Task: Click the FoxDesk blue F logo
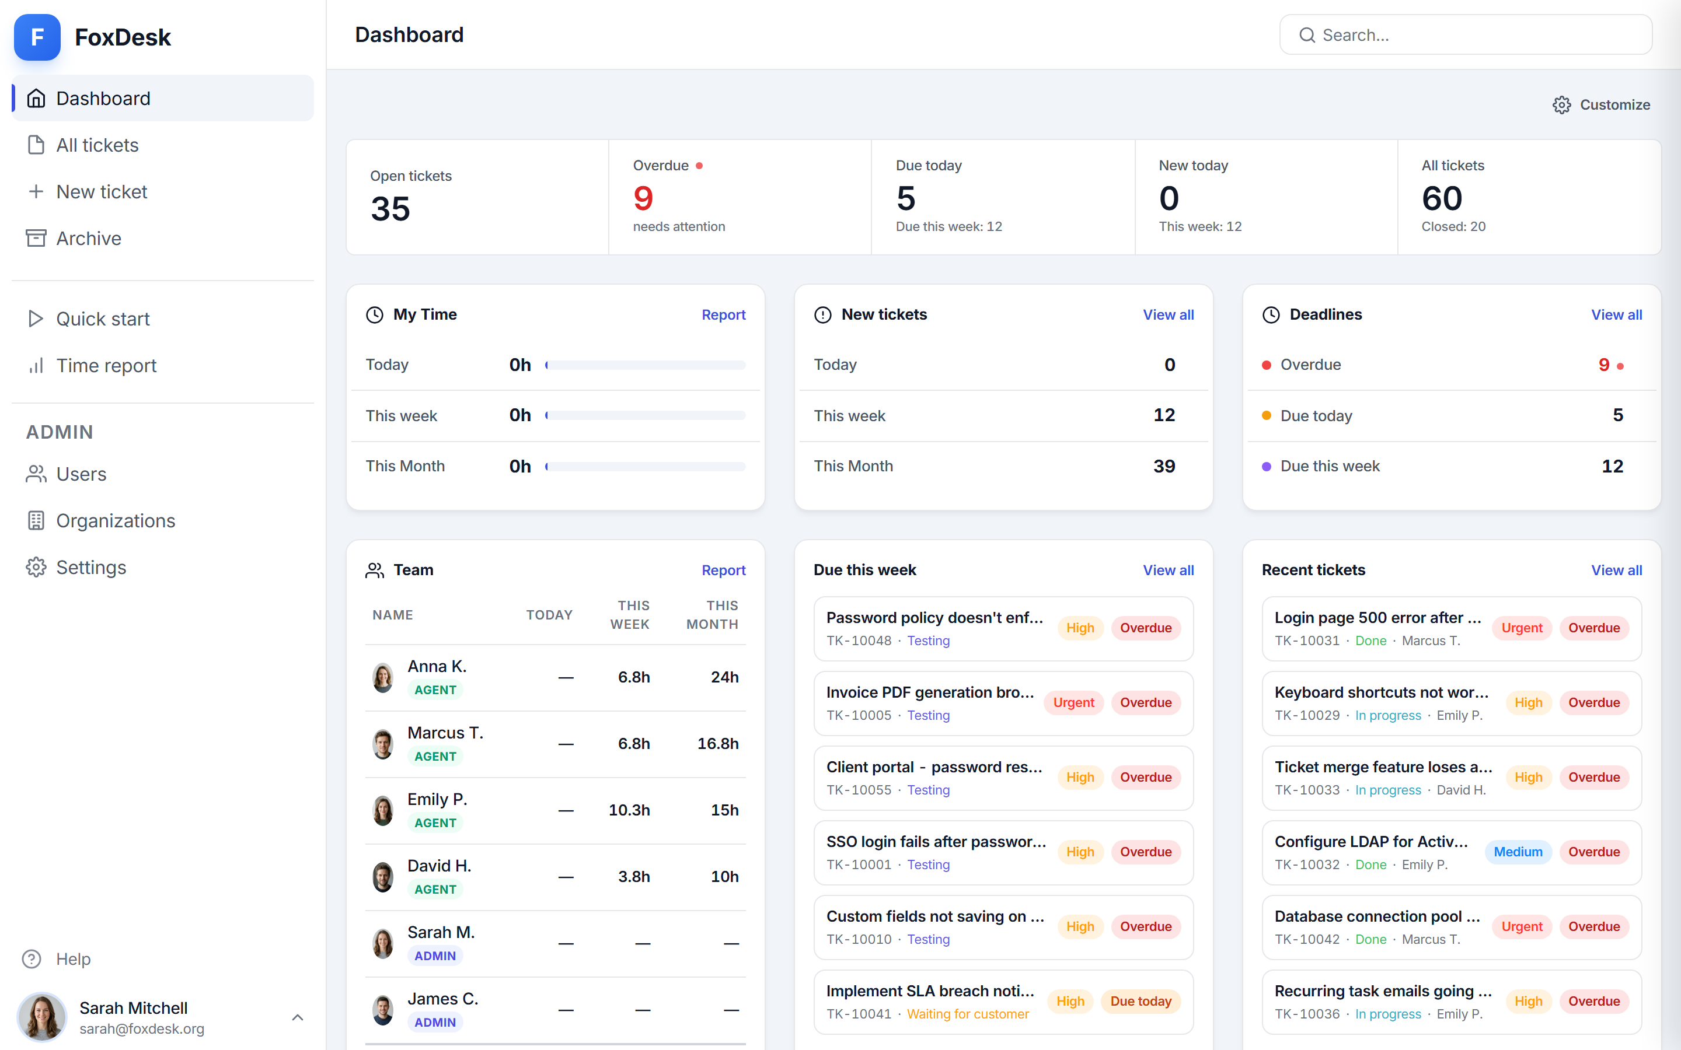[37, 37]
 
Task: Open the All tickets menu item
[97, 145]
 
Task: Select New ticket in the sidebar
[102, 192]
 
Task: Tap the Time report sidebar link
[106, 365]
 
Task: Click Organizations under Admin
[116, 521]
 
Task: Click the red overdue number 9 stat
[643, 198]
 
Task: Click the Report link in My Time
[723, 314]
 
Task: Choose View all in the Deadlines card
[1616, 314]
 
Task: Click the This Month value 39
[1164, 466]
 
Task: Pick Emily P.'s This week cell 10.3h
[629, 810]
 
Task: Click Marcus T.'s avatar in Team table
[383, 744]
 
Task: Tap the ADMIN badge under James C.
[435, 1022]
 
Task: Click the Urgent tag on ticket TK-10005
[1073, 702]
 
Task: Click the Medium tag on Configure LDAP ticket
[1518, 852]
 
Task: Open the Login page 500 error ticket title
[1377, 617]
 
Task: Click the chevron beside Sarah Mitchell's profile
[297, 1017]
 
